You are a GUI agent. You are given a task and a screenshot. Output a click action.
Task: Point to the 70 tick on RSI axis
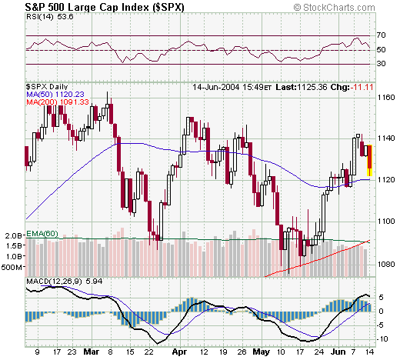pos(382,36)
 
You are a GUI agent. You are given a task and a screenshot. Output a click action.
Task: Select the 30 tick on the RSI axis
pos(382,64)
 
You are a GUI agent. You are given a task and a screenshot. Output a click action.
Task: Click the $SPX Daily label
pos(48,87)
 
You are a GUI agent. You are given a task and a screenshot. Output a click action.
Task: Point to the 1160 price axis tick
pos(386,98)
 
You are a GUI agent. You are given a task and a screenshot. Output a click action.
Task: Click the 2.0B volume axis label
pos(13,235)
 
